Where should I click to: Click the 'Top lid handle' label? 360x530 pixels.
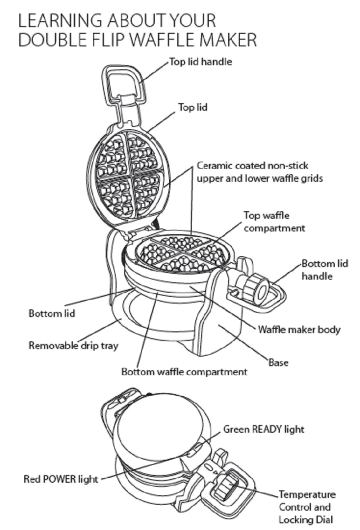(201, 62)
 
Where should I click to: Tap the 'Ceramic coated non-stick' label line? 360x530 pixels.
(252, 166)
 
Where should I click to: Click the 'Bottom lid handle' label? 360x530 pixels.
(324, 269)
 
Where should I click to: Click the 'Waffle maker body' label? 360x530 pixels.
(299, 329)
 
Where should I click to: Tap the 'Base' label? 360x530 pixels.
(278, 362)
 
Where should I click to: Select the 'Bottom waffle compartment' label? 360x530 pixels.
(184, 372)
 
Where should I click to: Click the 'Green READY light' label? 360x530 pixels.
(264, 429)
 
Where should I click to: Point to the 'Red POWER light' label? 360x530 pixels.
(61, 479)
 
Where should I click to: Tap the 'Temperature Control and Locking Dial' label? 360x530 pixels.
(307, 507)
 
